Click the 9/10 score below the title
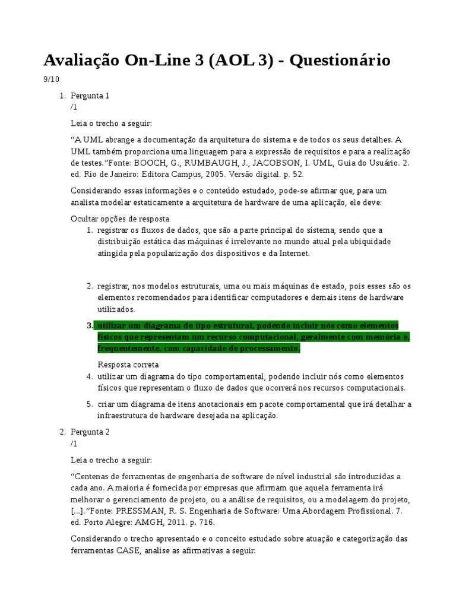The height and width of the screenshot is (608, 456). [52, 79]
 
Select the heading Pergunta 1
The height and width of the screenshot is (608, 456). [90, 96]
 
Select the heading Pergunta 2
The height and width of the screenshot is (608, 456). [90, 432]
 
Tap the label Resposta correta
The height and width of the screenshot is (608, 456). [128, 365]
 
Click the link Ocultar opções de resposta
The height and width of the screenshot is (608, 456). [120, 218]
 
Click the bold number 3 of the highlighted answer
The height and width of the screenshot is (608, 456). [90, 325]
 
